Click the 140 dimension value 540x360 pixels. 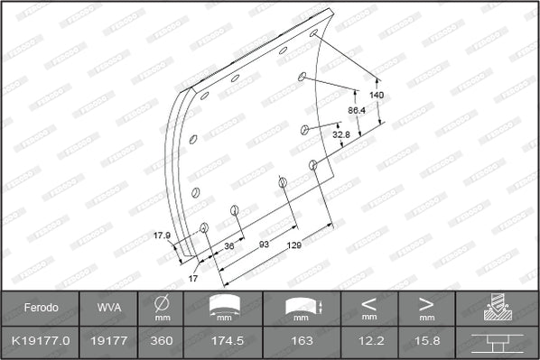pos(377,95)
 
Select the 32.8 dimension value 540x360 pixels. pos(340,134)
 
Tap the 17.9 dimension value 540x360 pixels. pos(162,236)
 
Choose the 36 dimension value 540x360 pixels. pos(228,245)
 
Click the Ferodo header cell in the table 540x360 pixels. pos(41,308)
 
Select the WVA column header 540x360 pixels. pos(105,308)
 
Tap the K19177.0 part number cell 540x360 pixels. pos(41,342)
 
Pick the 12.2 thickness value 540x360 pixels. pos(368,342)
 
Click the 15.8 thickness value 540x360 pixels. pos(426,342)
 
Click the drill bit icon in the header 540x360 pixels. pos(494,307)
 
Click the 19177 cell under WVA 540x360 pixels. pos(105,342)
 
